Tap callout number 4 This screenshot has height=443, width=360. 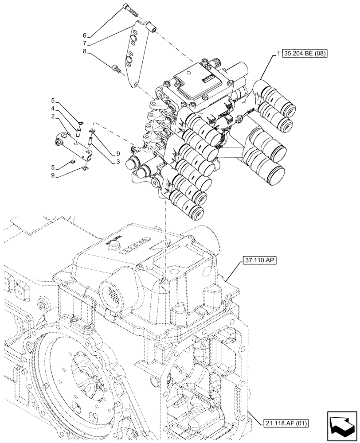52,109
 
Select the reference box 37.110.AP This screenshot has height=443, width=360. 259,261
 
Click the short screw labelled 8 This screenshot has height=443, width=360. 117,68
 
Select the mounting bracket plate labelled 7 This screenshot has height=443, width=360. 133,58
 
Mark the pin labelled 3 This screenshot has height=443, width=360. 92,142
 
